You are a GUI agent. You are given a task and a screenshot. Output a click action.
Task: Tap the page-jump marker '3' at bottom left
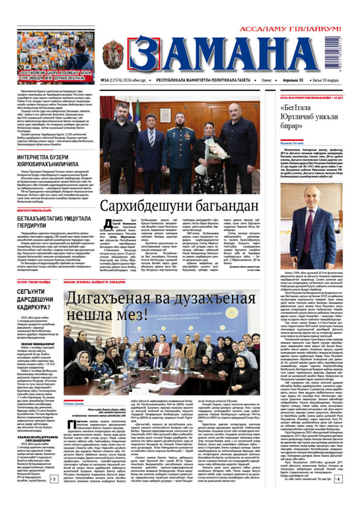tap(53, 479)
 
